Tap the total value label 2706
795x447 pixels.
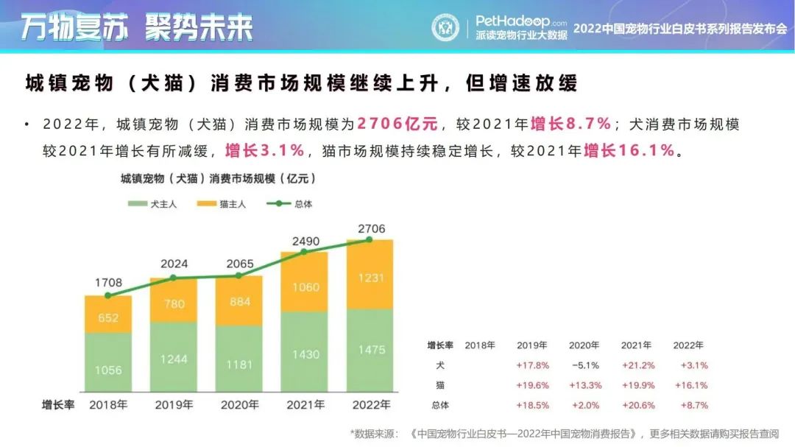pyautogui.click(x=370, y=229)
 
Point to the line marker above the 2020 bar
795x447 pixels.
pyautogui.click(x=239, y=275)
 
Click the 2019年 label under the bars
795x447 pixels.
pyautogui.click(x=174, y=405)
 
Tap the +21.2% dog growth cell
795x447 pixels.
pyautogui.click(x=637, y=365)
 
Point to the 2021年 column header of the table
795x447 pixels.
pyautogui.click(x=637, y=345)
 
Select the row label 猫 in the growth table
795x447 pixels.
pyautogui.click(x=440, y=385)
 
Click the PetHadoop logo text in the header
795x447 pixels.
pyautogui.click(x=521, y=21)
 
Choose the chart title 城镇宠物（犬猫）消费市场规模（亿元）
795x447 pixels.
pyautogui.click(x=218, y=178)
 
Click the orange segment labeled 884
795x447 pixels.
pyautogui.click(x=239, y=302)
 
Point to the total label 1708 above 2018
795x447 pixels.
pyautogui.click(x=108, y=282)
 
